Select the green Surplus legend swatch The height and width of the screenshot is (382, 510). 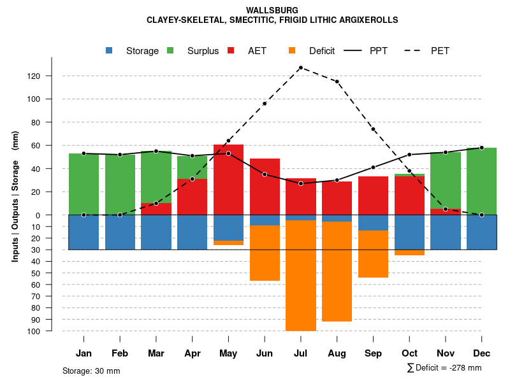pos(170,50)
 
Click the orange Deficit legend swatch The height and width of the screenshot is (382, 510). pos(291,50)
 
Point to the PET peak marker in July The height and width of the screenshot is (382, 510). pos(300,67)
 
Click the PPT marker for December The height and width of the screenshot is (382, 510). pos(482,148)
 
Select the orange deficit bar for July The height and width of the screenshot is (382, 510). pos(301,275)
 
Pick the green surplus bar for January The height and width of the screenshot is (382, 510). pos(84,184)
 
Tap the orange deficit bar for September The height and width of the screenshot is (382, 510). pos(373,253)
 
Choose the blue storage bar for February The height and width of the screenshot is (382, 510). pos(120,232)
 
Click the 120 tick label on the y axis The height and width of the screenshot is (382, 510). pos(34,76)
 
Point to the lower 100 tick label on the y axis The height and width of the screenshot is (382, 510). pos(34,331)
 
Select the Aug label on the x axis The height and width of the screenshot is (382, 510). pos(337,353)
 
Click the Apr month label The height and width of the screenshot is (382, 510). pos(192,353)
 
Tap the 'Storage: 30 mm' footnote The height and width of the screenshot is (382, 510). pos(91,371)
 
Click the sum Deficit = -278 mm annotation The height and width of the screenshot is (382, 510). pos(444,367)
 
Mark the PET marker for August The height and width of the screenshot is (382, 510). pos(337,81)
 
